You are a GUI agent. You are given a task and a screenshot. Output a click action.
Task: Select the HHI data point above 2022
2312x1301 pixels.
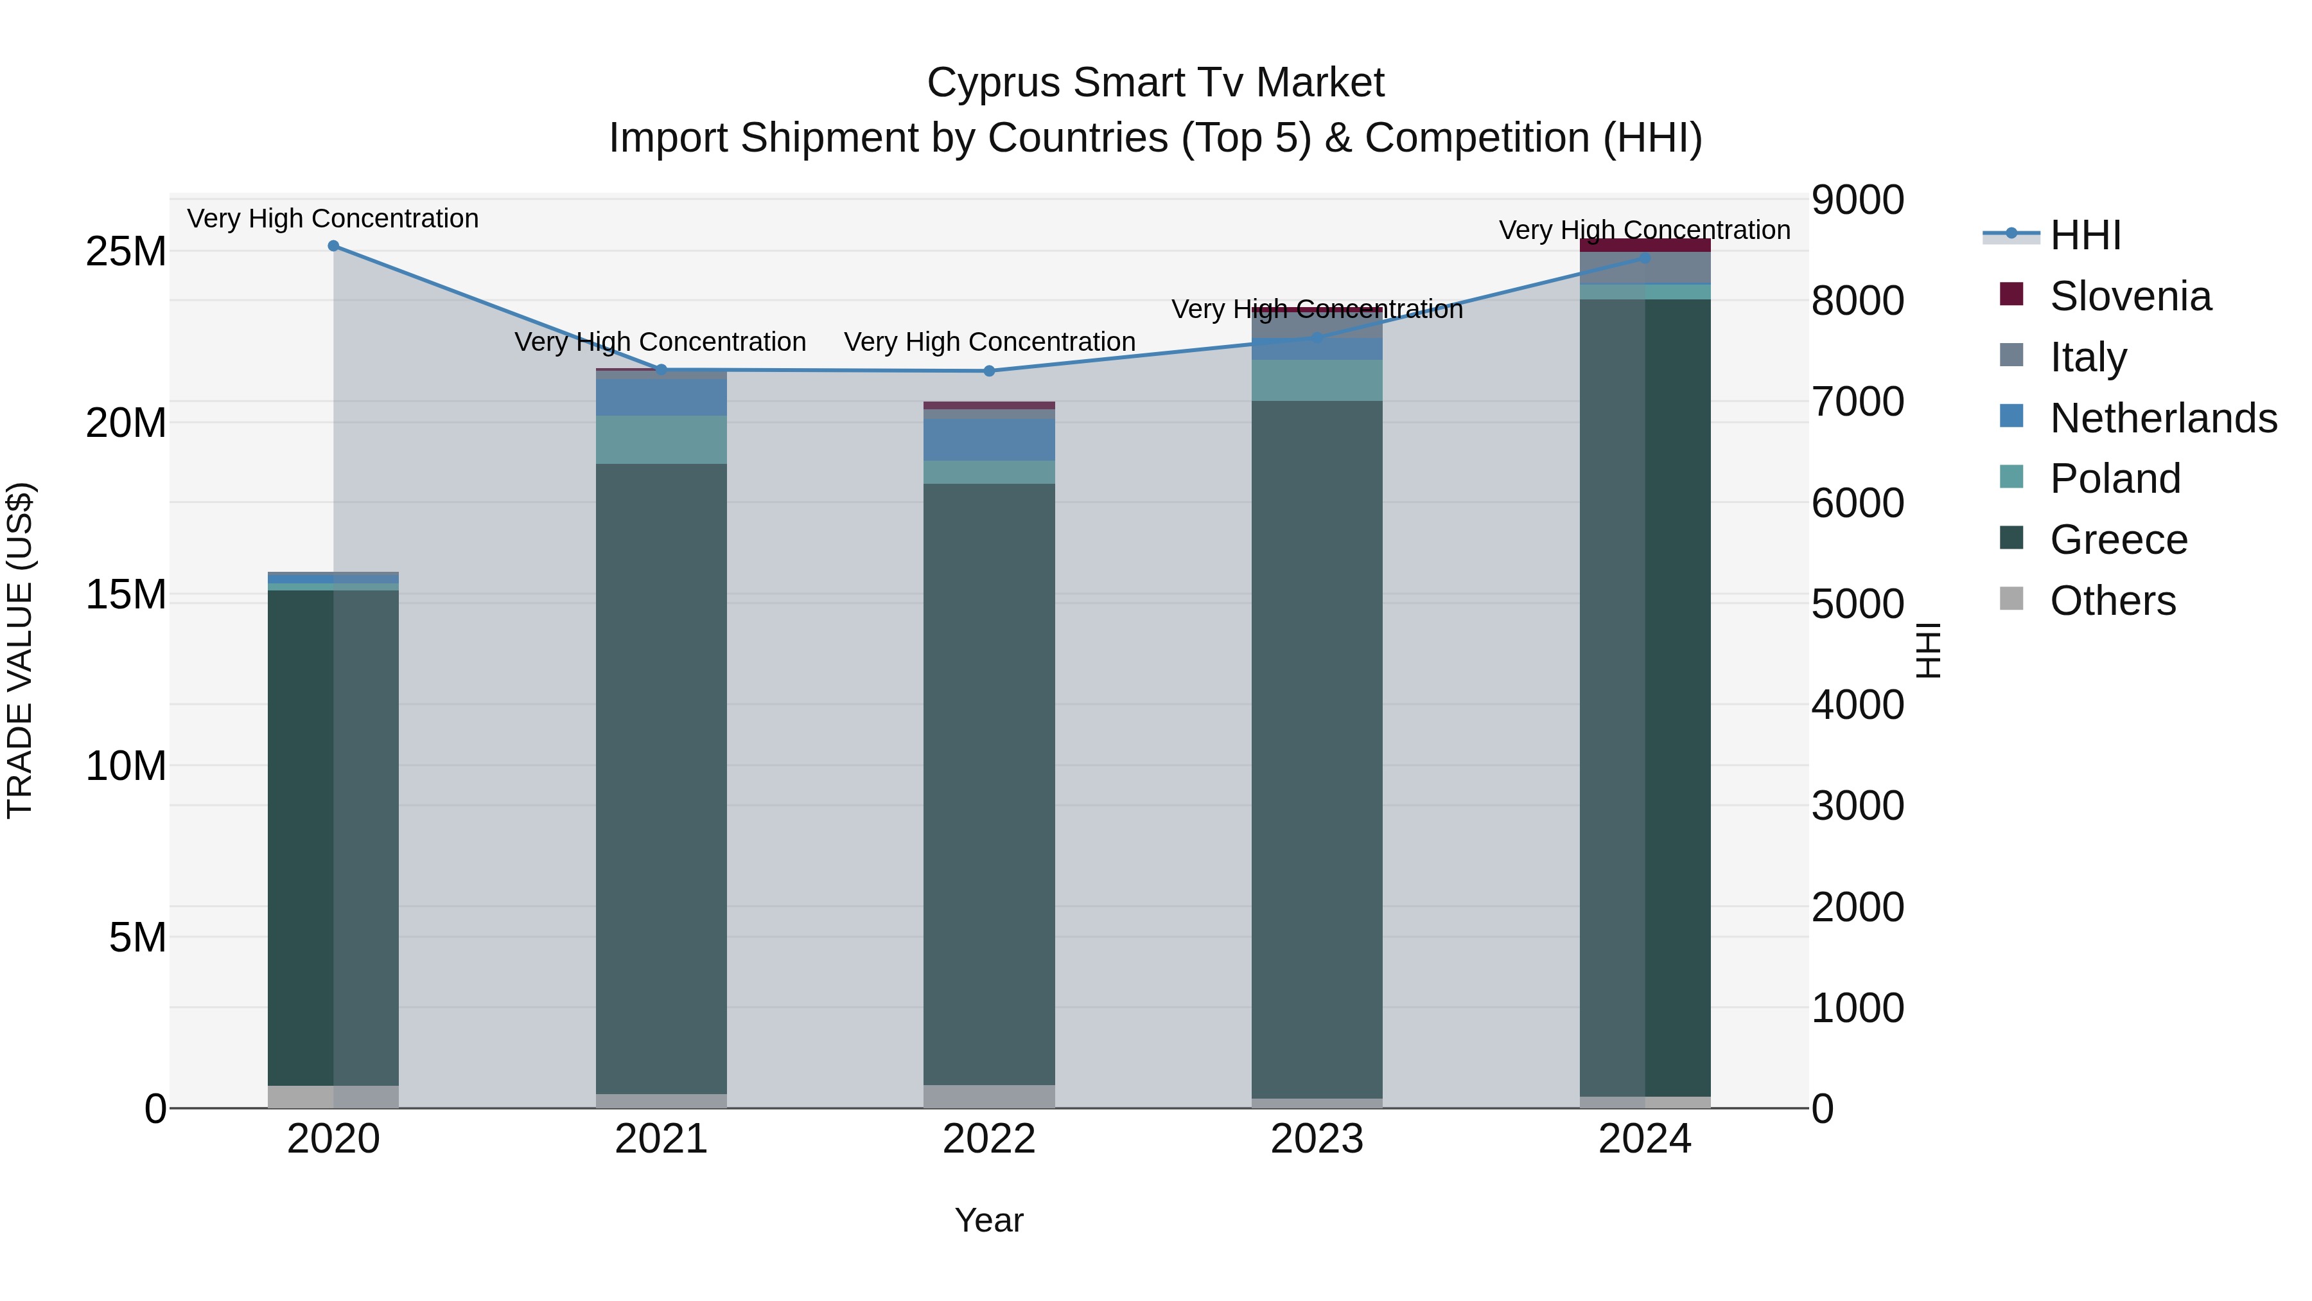[989, 371]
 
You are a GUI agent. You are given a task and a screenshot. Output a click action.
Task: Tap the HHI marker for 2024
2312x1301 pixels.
[1644, 258]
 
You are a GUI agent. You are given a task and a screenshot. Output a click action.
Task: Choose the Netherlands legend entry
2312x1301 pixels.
[2163, 418]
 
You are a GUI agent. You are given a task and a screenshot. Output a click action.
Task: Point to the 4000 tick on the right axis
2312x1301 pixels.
[1857, 705]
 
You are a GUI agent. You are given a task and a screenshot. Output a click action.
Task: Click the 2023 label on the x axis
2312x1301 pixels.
[1317, 1139]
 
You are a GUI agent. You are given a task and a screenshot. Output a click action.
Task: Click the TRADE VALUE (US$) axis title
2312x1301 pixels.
[20, 650]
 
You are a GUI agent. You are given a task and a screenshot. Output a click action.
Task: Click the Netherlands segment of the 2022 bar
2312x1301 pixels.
[989, 440]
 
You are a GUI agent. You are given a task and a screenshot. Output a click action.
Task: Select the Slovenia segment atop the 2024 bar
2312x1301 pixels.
[1644, 245]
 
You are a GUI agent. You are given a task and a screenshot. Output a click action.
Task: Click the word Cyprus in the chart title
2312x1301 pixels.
[994, 83]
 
